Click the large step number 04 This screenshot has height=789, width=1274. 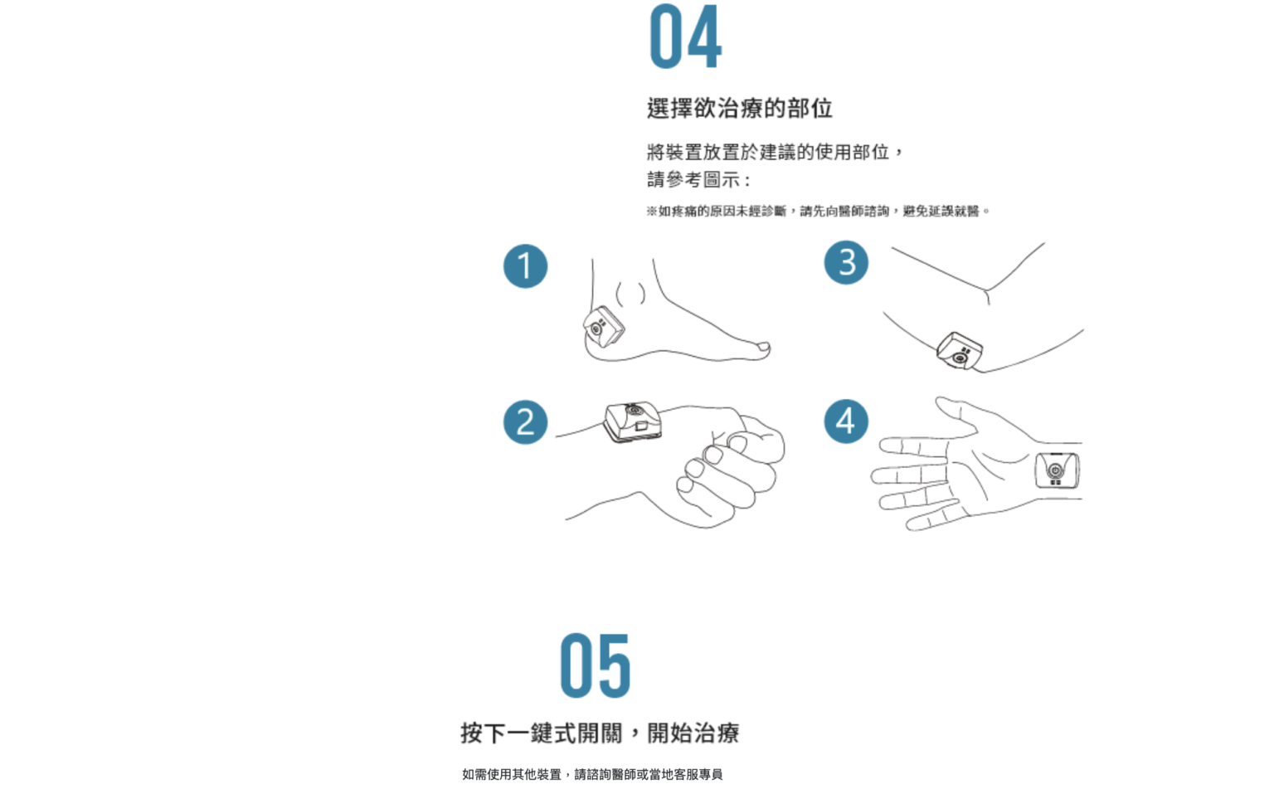686,37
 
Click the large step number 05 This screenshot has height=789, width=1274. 596,665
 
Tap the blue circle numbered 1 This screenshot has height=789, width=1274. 526,266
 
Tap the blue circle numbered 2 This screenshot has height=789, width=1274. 526,422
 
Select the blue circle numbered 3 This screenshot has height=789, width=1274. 846,262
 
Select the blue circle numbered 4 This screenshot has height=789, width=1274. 846,421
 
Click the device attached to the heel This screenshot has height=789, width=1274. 604,327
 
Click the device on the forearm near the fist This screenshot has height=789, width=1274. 633,421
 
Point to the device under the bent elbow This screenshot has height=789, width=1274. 960,351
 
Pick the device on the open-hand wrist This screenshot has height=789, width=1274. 1057,470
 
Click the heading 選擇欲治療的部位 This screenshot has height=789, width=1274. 740,108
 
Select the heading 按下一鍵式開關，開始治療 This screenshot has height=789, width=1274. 600,733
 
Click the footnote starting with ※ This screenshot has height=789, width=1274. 818,211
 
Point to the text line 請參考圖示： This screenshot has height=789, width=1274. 699,180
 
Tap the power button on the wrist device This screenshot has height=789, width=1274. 1056,470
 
